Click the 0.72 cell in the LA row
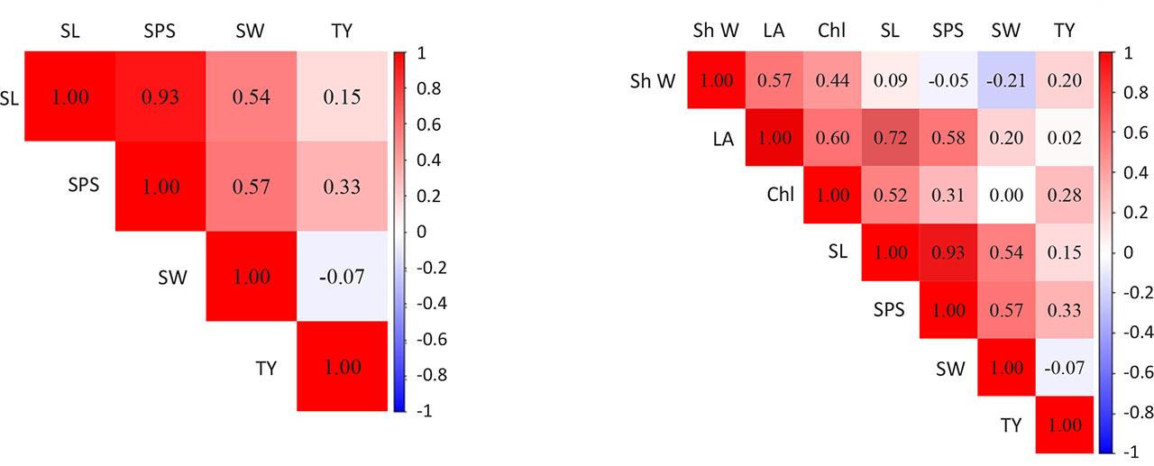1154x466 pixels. [890, 139]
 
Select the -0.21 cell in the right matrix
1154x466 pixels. [1006, 80]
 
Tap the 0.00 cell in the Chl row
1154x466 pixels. [1006, 196]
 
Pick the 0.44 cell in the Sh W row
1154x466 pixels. [832, 80]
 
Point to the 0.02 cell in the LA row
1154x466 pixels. [1064, 139]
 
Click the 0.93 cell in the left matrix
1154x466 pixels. [160, 96]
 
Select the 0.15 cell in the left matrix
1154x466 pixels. [343, 96]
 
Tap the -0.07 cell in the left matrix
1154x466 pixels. [343, 276]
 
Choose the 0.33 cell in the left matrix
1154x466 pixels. [343, 187]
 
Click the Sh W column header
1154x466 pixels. [716, 31]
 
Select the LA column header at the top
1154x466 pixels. [774, 31]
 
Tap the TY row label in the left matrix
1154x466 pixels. [265, 368]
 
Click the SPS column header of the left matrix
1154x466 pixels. [160, 31]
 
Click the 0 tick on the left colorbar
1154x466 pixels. [419, 232]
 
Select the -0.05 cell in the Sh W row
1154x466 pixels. [948, 80]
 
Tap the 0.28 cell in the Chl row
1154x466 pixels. [1064, 196]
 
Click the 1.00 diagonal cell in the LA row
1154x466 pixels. [774, 139]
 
